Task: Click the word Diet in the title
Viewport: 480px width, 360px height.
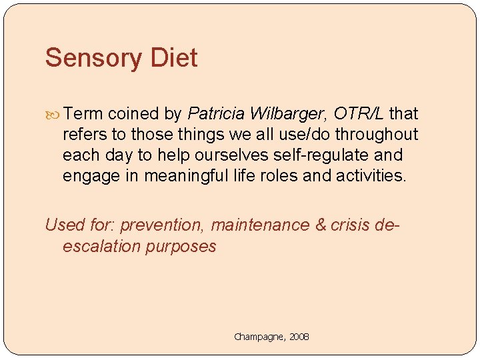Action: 174,58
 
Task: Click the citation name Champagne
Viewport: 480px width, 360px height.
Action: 259,337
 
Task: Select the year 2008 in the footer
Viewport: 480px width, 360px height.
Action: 299,337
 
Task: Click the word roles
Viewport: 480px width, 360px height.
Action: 285,175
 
